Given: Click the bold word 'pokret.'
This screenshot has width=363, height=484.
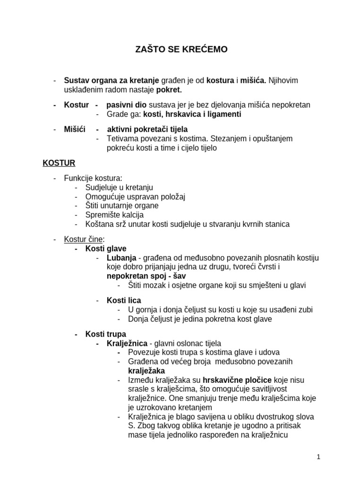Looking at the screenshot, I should tap(168, 90).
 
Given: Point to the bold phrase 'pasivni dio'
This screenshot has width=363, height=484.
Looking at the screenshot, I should tap(126, 105).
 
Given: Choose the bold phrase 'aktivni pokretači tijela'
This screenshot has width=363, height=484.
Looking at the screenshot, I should tap(147, 130).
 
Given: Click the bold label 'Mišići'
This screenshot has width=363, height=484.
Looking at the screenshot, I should tap(75, 130).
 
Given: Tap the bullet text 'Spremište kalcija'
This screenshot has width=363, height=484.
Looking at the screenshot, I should tap(114, 215).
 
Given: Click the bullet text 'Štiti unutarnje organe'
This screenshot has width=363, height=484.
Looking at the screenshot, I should tap(122, 206).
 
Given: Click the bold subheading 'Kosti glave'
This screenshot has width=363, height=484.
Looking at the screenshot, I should tap(106, 249).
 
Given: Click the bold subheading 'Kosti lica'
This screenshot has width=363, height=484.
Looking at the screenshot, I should tap(124, 301).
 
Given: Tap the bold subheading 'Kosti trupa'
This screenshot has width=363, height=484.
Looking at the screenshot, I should tap(106, 334).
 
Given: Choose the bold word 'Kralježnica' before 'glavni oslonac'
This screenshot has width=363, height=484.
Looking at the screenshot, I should tap(127, 344).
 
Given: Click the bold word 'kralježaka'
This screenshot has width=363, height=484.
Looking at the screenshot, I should tap(147, 371).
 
